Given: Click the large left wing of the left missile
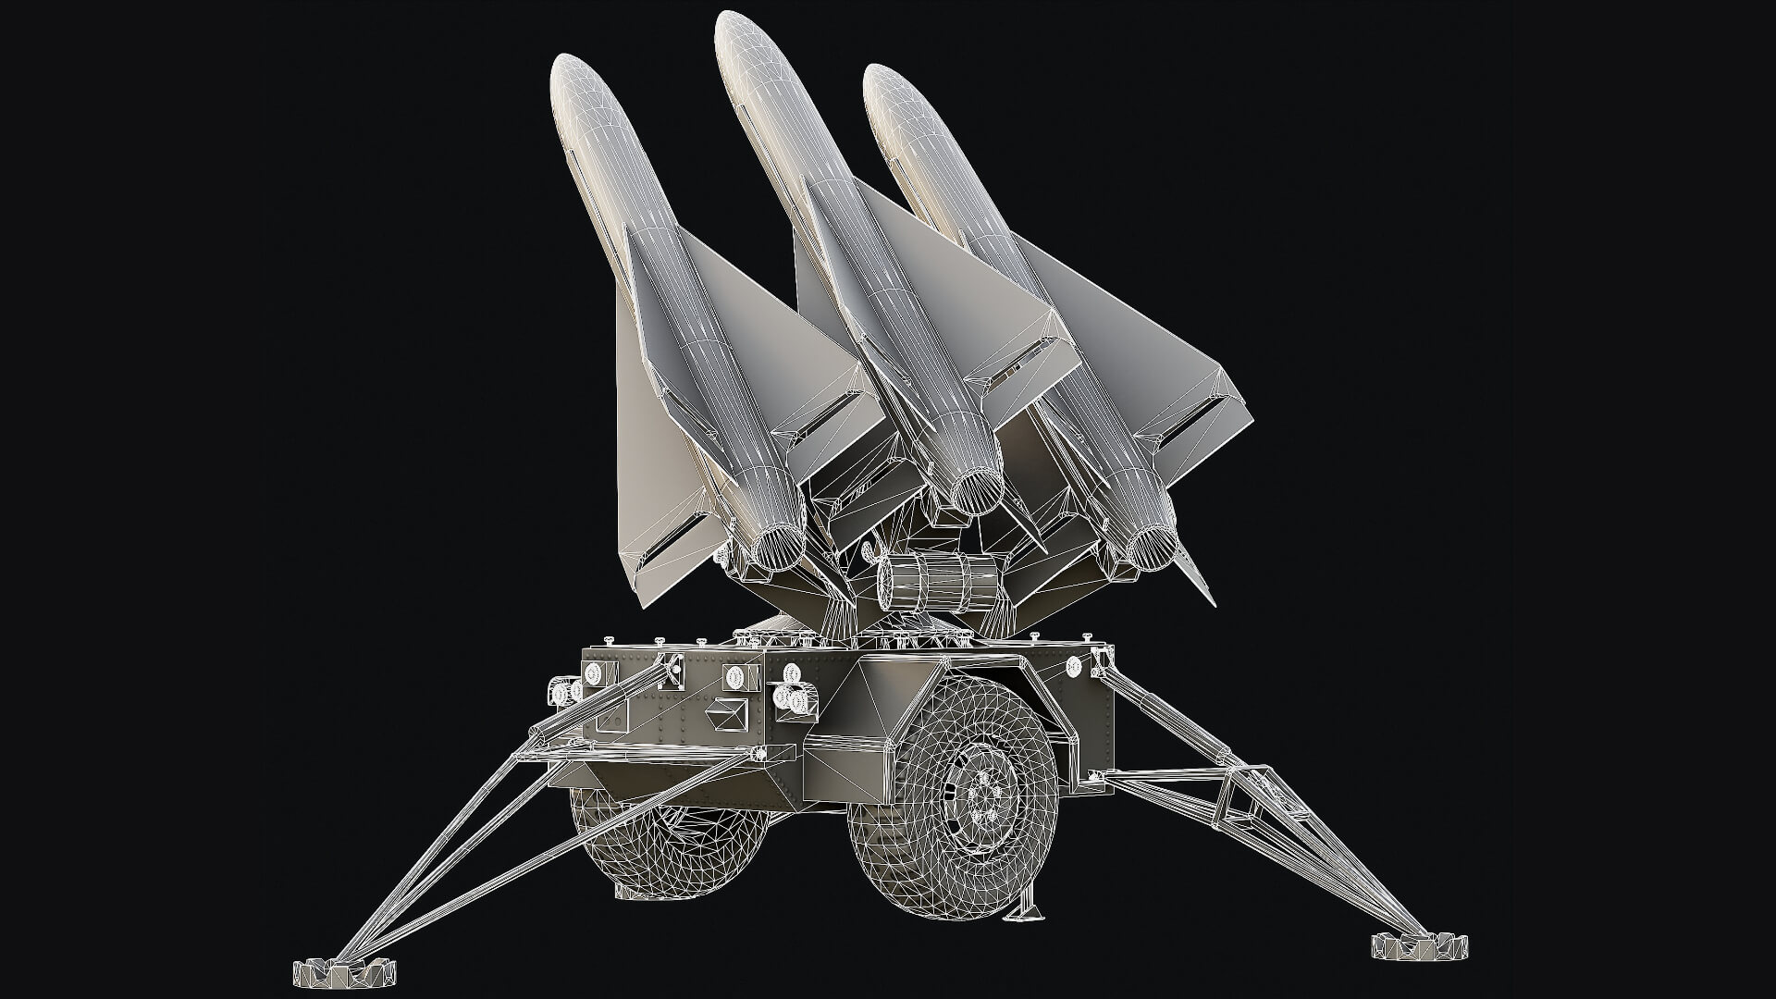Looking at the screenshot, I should (647, 462).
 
